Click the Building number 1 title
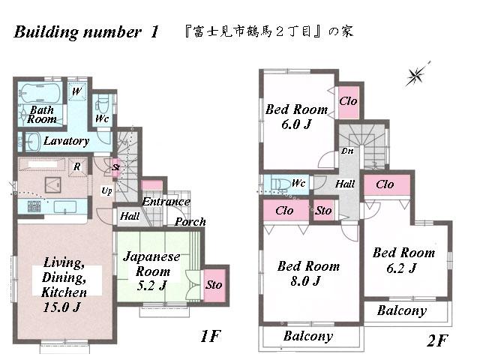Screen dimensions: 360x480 click(x=86, y=32)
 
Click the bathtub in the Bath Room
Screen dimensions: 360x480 click(x=42, y=94)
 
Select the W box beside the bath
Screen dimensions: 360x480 click(x=76, y=91)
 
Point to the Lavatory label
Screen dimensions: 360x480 click(x=66, y=140)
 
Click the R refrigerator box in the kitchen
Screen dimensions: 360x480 click(x=76, y=166)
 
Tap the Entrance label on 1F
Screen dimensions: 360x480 click(x=166, y=201)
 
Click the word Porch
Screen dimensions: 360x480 click(x=190, y=221)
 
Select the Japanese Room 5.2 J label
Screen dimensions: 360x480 click(x=151, y=270)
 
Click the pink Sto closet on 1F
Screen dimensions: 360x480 click(x=214, y=285)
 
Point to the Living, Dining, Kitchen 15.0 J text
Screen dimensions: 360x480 click(x=64, y=285)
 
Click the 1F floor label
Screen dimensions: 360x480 click(x=211, y=337)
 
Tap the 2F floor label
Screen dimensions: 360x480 click(x=436, y=341)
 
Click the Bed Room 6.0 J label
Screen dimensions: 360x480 click(x=296, y=116)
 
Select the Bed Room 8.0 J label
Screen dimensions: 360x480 click(x=308, y=273)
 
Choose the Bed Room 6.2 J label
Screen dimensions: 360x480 click(x=403, y=259)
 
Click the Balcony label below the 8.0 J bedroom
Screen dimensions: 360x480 click(x=307, y=337)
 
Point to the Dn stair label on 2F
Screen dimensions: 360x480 click(x=347, y=151)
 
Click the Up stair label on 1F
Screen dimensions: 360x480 click(x=107, y=190)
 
